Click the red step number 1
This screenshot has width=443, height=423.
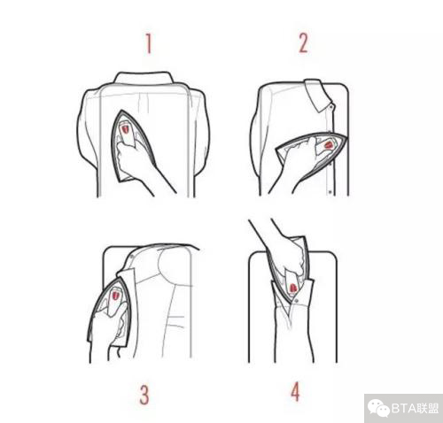coord(149,43)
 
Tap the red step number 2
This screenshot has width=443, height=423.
coord(304,43)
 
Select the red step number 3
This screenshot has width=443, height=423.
coord(144,395)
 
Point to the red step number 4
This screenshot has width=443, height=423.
coord(295,391)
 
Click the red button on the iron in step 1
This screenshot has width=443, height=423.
coord(125,129)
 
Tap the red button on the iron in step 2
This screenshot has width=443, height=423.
coord(329,145)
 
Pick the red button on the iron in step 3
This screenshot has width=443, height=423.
coord(115,295)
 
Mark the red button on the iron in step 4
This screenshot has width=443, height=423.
coord(292,288)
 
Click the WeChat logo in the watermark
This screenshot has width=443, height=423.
coord(379,408)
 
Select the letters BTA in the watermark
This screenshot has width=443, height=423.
coord(403,409)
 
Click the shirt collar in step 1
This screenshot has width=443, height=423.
coord(144,78)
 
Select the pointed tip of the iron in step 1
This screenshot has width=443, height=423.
coord(121,112)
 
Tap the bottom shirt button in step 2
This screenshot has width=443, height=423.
coord(330,192)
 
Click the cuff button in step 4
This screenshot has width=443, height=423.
coord(297,301)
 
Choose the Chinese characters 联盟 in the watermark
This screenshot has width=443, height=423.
coord(427,409)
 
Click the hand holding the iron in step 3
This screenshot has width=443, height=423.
coord(108,336)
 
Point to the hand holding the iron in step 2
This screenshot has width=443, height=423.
coord(295,165)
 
